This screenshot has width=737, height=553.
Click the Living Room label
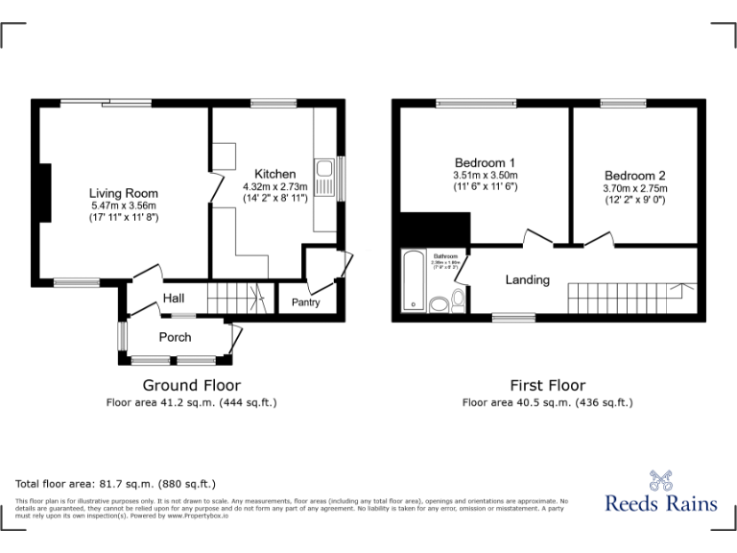pyautogui.click(x=124, y=193)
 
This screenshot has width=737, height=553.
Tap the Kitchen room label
pyautogui.click(x=274, y=174)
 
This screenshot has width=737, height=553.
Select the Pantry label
pyautogui.click(x=306, y=303)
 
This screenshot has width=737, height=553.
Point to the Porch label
pyautogui.click(x=175, y=337)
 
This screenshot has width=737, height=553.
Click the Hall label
pyautogui.click(x=174, y=299)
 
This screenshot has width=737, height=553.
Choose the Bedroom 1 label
pyautogui.click(x=485, y=162)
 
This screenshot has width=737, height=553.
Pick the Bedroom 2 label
pyautogui.click(x=634, y=176)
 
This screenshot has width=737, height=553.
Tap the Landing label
pyautogui.click(x=528, y=280)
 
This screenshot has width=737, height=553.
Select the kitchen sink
pyautogui.click(x=324, y=179)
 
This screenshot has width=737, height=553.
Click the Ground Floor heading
pyautogui.click(x=191, y=385)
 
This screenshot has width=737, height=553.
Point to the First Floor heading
pyautogui.click(x=547, y=385)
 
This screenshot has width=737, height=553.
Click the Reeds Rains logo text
pyautogui.click(x=661, y=502)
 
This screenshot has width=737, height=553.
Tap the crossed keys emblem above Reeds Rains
pyautogui.click(x=661, y=477)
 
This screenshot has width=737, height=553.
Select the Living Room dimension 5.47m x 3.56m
pyautogui.click(x=124, y=205)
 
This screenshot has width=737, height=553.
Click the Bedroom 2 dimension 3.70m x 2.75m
pyautogui.click(x=634, y=188)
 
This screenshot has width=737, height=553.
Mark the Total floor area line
pyautogui.click(x=116, y=484)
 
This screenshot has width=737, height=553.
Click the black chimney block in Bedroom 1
pyautogui.click(x=434, y=229)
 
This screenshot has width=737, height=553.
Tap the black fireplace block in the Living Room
pyautogui.click(x=43, y=193)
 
